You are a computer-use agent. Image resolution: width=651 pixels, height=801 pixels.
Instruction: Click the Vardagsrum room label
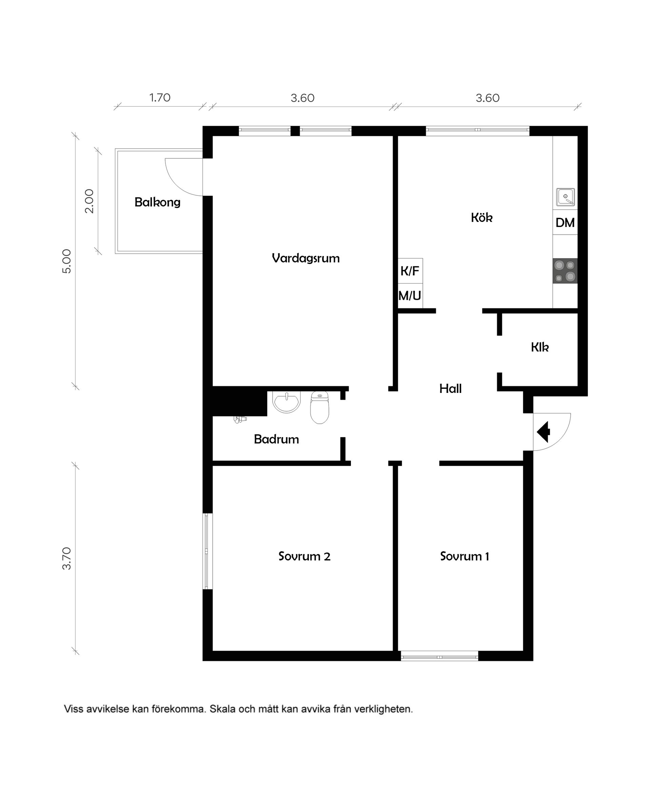pyautogui.click(x=305, y=258)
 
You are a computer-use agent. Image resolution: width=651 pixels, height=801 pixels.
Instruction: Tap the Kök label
pyautogui.click(x=481, y=217)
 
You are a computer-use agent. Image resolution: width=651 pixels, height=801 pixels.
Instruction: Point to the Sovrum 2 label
pyautogui.click(x=304, y=556)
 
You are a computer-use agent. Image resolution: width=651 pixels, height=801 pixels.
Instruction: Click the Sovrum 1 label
pyautogui.click(x=464, y=556)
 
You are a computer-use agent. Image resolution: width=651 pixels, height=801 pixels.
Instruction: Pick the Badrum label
pyautogui.click(x=276, y=439)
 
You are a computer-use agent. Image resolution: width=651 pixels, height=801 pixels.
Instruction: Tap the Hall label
pyautogui.click(x=450, y=388)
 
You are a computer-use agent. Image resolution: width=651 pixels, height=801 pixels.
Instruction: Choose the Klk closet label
pyautogui.click(x=540, y=347)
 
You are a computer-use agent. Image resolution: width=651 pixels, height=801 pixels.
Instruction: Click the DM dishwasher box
pyautogui.click(x=565, y=223)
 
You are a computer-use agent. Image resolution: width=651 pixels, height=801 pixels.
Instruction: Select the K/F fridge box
pyautogui.click(x=410, y=270)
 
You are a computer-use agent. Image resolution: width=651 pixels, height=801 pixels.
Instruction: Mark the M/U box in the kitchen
pyautogui.click(x=410, y=295)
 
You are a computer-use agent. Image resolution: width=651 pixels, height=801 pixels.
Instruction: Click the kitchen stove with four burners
pyautogui.click(x=565, y=271)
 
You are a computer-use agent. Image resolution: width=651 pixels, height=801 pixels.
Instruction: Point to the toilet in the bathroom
pyautogui.click(x=319, y=408)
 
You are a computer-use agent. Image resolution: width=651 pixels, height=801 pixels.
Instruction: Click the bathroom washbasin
pyautogui.click(x=287, y=401)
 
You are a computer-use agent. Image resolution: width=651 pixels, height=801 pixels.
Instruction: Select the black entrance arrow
pyautogui.click(x=544, y=432)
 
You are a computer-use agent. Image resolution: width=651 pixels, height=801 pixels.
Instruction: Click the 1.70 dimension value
pyautogui.click(x=160, y=98)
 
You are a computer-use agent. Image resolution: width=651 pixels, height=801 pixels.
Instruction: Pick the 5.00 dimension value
pyautogui.click(x=66, y=261)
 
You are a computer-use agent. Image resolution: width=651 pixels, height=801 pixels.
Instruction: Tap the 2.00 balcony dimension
pyautogui.click(x=89, y=201)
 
